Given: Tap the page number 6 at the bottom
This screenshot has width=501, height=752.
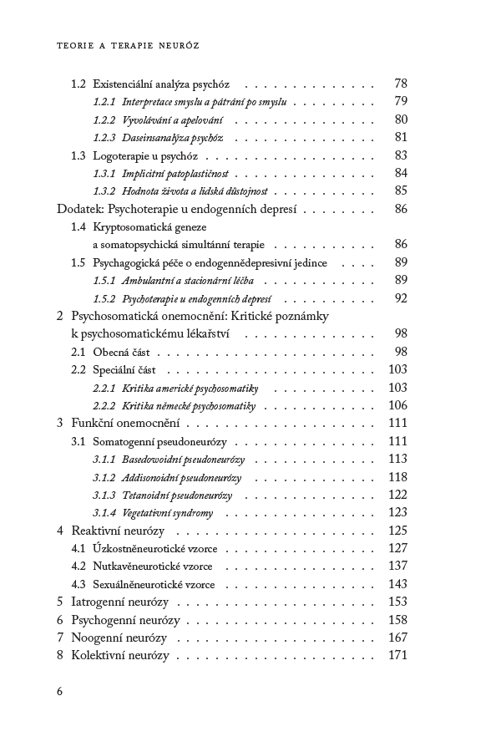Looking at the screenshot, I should point(59,691).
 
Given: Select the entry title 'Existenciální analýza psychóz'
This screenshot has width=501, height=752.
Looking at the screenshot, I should point(162,84).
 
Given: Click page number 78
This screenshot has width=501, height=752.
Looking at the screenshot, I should point(400,84).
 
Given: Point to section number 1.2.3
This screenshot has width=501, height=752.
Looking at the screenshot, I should point(104,137).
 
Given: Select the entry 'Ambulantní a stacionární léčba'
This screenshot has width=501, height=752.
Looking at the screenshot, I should point(188,281).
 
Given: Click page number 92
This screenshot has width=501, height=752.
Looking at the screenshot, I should point(400,298).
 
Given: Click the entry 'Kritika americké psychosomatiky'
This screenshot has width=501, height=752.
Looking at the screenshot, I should point(190,389).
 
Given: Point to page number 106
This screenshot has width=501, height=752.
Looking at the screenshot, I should point(397,406).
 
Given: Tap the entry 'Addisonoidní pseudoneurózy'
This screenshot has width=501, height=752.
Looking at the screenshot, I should point(182,478).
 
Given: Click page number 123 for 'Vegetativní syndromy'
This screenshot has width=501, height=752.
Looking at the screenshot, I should point(397,513).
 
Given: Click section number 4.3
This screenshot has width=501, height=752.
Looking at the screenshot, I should point(78,584).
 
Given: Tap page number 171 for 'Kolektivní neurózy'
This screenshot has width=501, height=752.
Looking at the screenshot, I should point(397,656).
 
